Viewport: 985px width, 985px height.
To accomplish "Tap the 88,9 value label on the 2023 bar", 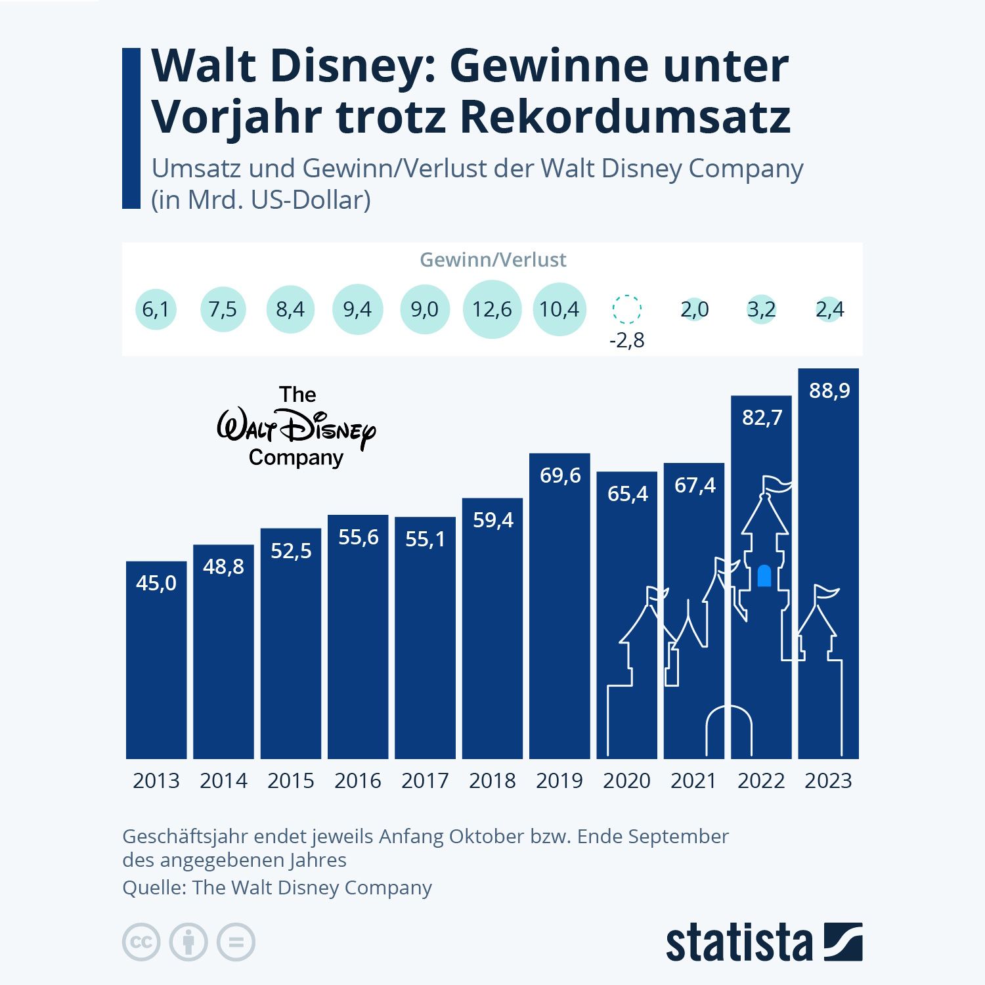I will pyautogui.click(x=829, y=391).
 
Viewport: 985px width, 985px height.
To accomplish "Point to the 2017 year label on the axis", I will pyautogui.click(x=425, y=781).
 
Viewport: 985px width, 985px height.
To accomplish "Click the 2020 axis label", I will pyautogui.click(x=626, y=781).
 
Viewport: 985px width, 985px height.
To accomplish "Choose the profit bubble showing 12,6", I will pyautogui.click(x=492, y=309).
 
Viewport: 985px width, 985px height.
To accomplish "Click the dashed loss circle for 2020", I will pyautogui.click(x=626, y=309).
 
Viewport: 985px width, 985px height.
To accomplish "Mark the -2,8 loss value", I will pyautogui.click(x=626, y=341).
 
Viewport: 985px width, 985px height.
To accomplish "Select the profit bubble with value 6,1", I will pyautogui.click(x=156, y=309).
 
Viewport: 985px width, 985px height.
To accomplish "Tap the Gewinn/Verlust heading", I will pyautogui.click(x=492, y=260).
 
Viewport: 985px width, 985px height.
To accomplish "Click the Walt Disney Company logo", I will pyautogui.click(x=296, y=427).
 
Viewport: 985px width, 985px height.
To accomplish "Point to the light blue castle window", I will pyautogui.click(x=764, y=575).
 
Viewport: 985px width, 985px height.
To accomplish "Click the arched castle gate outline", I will pyautogui.click(x=729, y=729).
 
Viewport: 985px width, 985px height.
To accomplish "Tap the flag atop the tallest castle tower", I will pyautogui.click(x=777, y=485).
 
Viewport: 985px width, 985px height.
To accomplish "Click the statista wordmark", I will pyautogui.click(x=739, y=944).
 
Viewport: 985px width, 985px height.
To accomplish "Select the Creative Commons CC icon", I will pyautogui.click(x=141, y=943).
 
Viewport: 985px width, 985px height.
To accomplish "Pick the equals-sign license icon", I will pyautogui.click(x=236, y=943).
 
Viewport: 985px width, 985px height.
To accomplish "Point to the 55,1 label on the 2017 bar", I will pyautogui.click(x=425, y=539).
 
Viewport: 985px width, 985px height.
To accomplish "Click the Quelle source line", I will pyautogui.click(x=277, y=888).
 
